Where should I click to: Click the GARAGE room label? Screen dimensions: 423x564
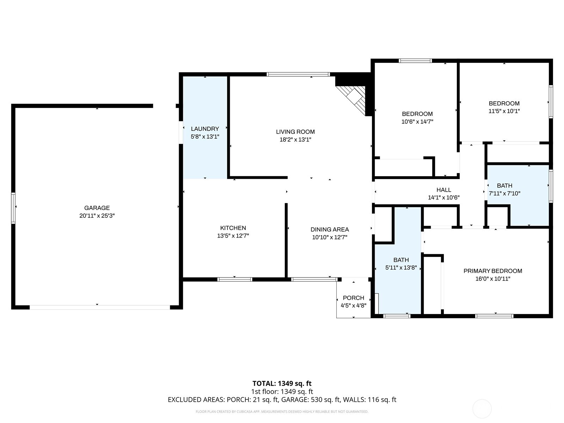[x=97, y=208]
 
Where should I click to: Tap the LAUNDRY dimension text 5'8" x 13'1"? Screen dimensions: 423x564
[x=205, y=137]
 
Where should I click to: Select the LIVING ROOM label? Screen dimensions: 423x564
[x=295, y=132]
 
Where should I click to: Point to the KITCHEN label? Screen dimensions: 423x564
[x=233, y=228]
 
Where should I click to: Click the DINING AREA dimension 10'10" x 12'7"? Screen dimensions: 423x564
[x=330, y=237]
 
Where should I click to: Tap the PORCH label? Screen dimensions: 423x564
[x=353, y=298]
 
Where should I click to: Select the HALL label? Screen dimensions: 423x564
[x=443, y=190]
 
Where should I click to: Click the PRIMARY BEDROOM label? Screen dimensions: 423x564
[x=492, y=271]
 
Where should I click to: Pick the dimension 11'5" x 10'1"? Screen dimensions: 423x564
[x=504, y=111]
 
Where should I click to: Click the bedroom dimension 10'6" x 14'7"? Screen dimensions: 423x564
[x=417, y=122]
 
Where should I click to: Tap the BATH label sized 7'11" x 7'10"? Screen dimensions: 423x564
[x=504, y=185]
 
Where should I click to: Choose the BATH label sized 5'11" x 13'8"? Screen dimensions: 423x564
[x=401, y=260]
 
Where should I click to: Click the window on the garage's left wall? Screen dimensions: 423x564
[x=13, y=208]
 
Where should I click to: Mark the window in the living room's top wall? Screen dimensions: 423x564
[x=298, y=74]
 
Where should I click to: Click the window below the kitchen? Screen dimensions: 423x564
[x=235, y=280]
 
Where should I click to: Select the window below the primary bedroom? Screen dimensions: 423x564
[x=494, y=316]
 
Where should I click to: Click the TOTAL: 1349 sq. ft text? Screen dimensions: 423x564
[x=282, y=384]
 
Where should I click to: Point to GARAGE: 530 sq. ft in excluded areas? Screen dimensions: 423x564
[x=325, y=400]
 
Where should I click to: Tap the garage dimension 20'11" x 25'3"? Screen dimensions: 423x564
[x=97, y=216]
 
